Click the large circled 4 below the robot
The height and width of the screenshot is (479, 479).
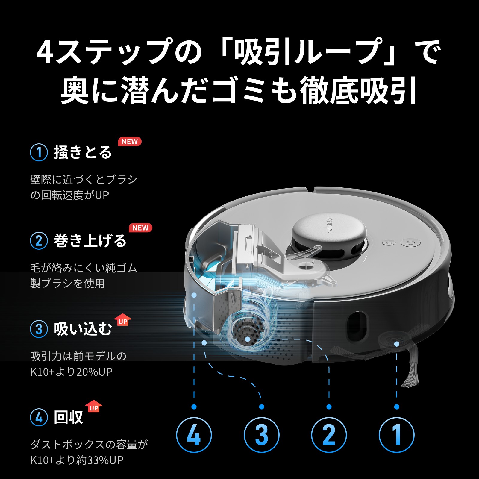(194, 435)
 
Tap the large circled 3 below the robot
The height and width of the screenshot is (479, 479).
(261, 435)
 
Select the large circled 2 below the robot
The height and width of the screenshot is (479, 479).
(329, 435)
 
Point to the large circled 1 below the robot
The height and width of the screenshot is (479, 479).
(396, 435)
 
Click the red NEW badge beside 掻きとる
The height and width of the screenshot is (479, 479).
(130, 142)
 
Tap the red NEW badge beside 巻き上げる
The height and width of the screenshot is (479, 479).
(140, 228)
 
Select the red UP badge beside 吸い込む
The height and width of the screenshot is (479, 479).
(123, 321)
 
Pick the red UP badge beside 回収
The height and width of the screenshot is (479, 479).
(94, 407)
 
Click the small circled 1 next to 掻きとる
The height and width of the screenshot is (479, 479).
(39, 152)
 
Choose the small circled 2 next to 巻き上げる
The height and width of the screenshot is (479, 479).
(39, 241)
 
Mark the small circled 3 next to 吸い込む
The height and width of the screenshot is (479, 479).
(39, 329)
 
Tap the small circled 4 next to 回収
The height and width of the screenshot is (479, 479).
(39, 417)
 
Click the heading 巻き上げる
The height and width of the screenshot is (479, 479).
(90, 241)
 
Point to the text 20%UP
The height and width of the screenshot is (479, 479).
(94, 372)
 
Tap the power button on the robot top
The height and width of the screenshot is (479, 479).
(410, 242)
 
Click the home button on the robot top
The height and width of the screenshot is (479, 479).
(389, 243)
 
